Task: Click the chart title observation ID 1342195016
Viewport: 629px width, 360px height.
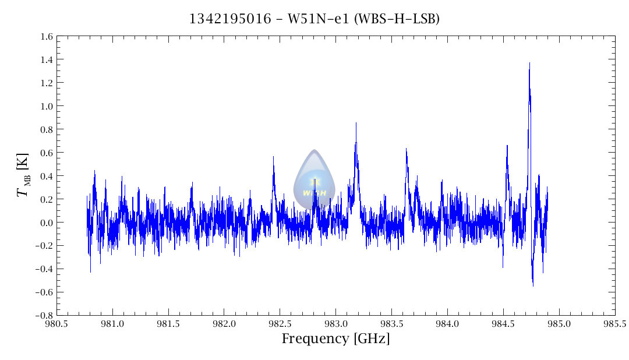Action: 230,19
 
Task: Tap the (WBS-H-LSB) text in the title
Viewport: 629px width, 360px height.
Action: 397,19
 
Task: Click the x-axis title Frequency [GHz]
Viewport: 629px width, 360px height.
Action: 335,339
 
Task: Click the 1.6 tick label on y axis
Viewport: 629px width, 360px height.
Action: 47,37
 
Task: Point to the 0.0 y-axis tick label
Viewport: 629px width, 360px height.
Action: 47,223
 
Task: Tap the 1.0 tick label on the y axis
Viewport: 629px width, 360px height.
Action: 47,106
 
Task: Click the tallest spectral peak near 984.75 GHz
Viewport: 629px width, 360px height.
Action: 529,63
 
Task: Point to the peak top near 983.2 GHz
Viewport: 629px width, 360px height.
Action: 356,123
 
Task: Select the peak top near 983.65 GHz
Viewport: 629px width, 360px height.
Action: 406,149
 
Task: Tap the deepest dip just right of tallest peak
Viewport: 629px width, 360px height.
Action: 533,285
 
